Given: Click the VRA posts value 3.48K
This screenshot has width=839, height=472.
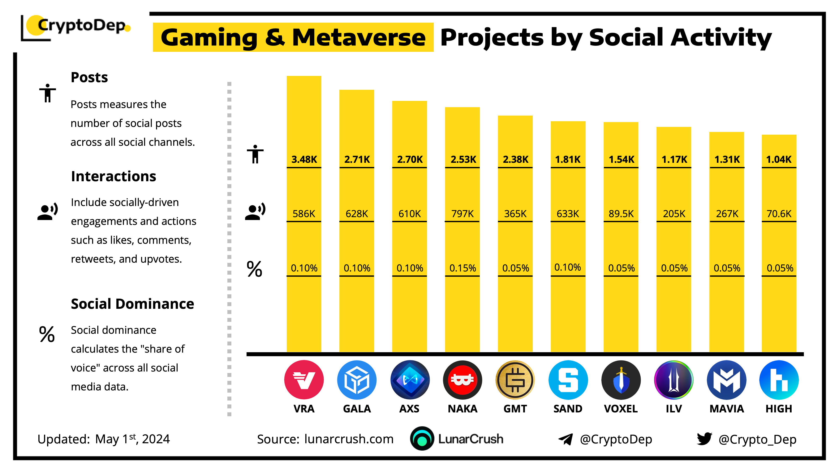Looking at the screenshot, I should click(304, 159).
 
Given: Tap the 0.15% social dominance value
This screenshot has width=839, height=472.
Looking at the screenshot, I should click(462, 268).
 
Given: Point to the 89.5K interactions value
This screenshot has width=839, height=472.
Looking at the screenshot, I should click(621, 214).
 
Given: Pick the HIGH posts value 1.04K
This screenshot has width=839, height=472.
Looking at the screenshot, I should click(779, 159).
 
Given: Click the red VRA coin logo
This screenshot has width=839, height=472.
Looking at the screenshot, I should click(304, 380).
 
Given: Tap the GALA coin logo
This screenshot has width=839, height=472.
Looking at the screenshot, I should click(357, 380).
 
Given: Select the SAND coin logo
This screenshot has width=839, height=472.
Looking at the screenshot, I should click(568, 380).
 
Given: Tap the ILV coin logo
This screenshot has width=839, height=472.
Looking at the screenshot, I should click(674, 380).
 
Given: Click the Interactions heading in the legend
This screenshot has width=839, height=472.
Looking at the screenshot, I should click(113, 176).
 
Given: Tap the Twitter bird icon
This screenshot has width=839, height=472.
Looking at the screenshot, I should click(704, 439).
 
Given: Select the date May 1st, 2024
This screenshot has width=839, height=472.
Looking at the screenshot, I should click(132, 439).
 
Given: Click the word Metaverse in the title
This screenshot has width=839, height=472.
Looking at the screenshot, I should click(359, 38).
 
